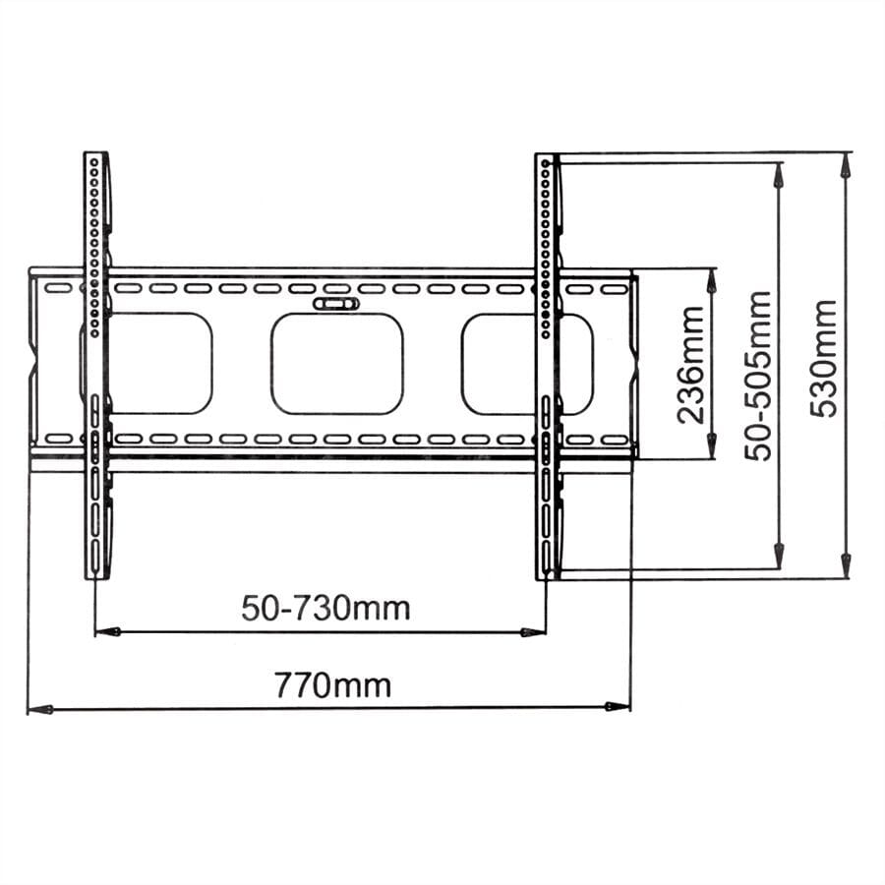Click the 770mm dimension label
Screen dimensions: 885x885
331,683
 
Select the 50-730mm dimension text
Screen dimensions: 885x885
324,608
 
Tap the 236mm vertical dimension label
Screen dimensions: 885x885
690,364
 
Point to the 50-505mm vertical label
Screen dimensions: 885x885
758,375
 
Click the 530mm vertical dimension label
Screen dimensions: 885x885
824,359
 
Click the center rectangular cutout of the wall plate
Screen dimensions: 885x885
337,363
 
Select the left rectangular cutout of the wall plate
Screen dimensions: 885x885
157,363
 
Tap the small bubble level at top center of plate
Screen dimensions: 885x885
336,304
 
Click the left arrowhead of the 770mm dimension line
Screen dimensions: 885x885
37,707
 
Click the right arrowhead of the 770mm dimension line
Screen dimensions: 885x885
619,706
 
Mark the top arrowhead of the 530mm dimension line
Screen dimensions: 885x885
845,164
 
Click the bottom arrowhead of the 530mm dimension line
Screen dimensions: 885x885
845,567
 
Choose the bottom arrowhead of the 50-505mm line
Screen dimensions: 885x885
779,558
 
